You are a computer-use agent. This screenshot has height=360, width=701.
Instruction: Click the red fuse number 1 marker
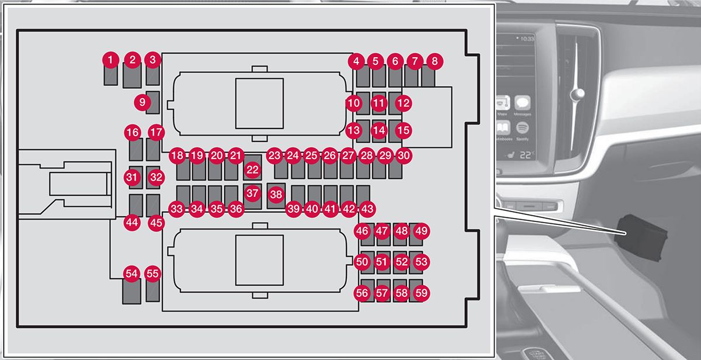coord(110,59)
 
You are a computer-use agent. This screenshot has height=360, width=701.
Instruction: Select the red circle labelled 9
coord(142,102)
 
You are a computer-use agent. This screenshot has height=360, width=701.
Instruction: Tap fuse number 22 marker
coord(252,169)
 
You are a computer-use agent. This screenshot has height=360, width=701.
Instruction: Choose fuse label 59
coord(421,293)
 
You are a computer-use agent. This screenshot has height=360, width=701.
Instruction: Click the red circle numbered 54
coord(131,274)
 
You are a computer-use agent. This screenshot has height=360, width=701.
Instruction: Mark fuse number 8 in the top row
coord(434,60)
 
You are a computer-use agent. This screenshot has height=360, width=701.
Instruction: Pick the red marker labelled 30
coord(404,155)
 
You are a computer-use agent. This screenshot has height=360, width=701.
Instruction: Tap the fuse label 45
coord(155,223)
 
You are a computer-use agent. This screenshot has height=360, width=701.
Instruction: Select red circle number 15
coord(403,130)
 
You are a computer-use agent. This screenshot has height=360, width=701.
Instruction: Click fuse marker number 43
coord(367,209)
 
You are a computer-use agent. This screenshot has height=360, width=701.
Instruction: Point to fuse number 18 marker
coord(177,155)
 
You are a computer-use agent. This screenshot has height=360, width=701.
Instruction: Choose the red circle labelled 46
coord(362,231)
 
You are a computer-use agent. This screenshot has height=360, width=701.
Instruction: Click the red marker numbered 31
coord(133,176)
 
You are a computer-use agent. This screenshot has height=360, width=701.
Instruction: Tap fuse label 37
coord(252,192)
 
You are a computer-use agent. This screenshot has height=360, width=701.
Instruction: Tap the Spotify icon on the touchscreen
coord(523,127)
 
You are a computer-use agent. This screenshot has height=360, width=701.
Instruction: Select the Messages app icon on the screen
coord(523,104)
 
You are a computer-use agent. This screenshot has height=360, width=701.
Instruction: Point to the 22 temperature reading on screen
coord(526,155)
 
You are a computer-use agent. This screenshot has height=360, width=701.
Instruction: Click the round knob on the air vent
coord(579,94)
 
